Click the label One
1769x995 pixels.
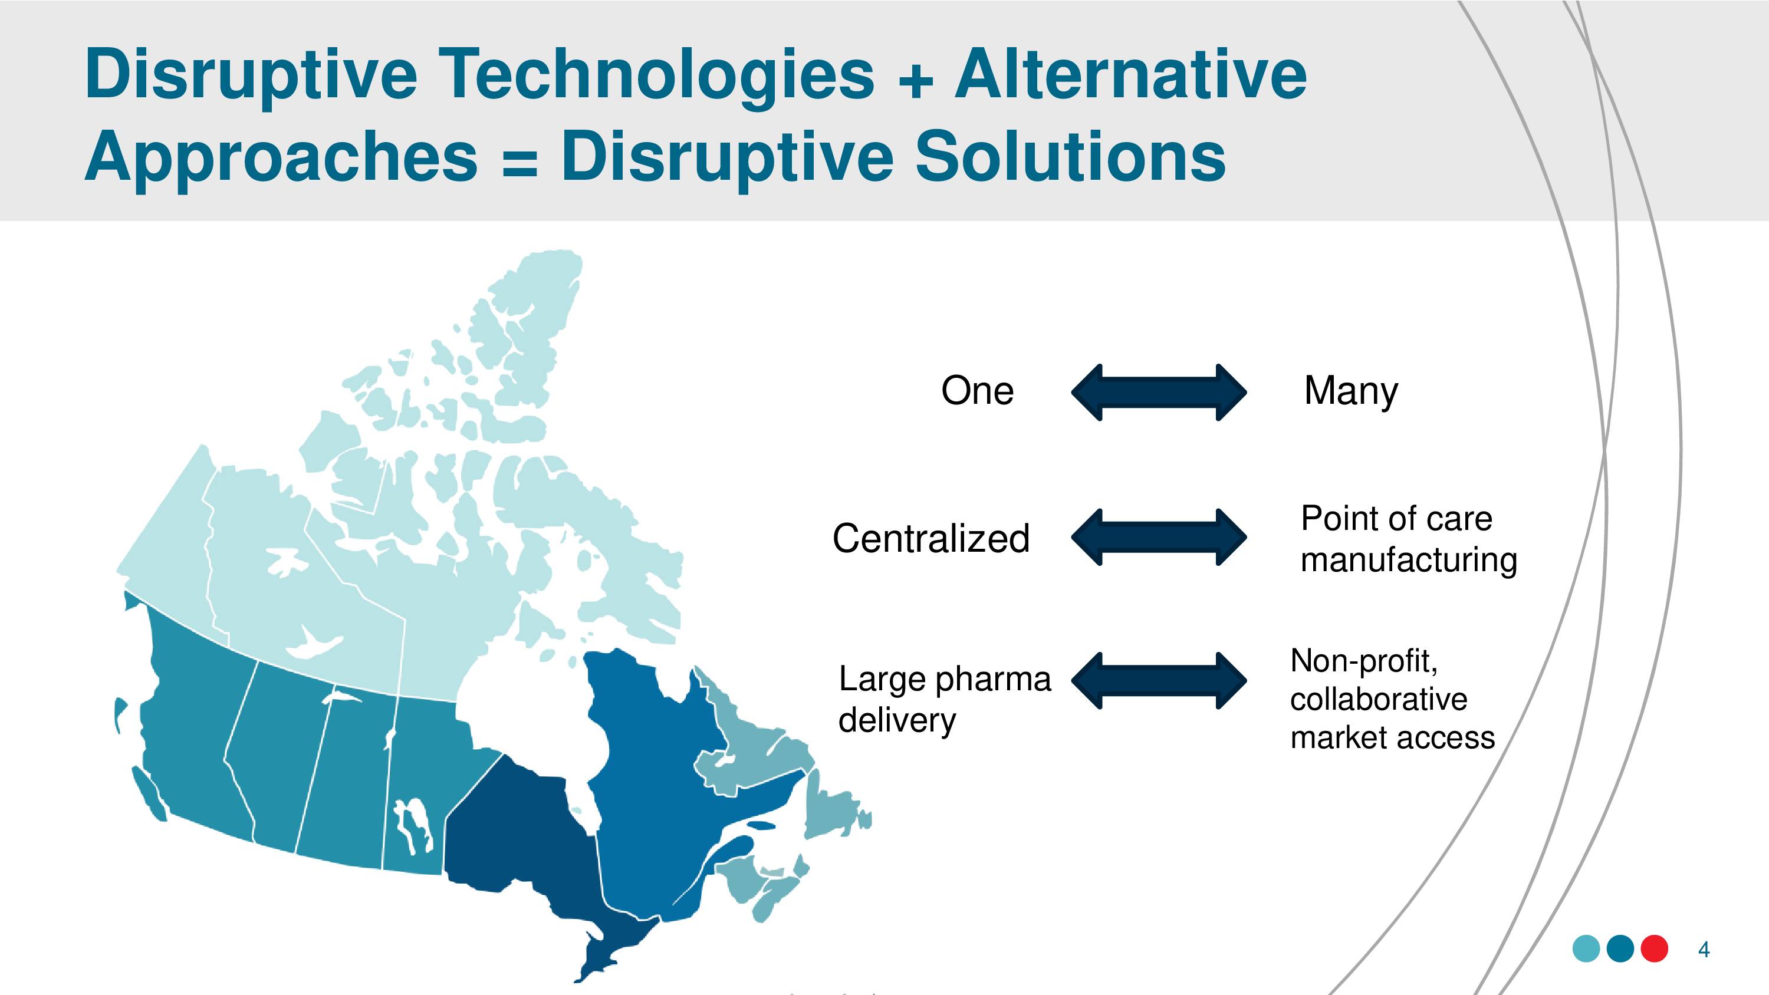click(977, 391)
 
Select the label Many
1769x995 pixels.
click(1351, 392)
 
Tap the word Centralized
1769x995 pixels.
click(931, 538)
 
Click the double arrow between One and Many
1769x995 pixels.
click(1159, 392)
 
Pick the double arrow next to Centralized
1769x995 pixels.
click(1159, 537)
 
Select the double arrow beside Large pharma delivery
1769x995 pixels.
click(1159, 680)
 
